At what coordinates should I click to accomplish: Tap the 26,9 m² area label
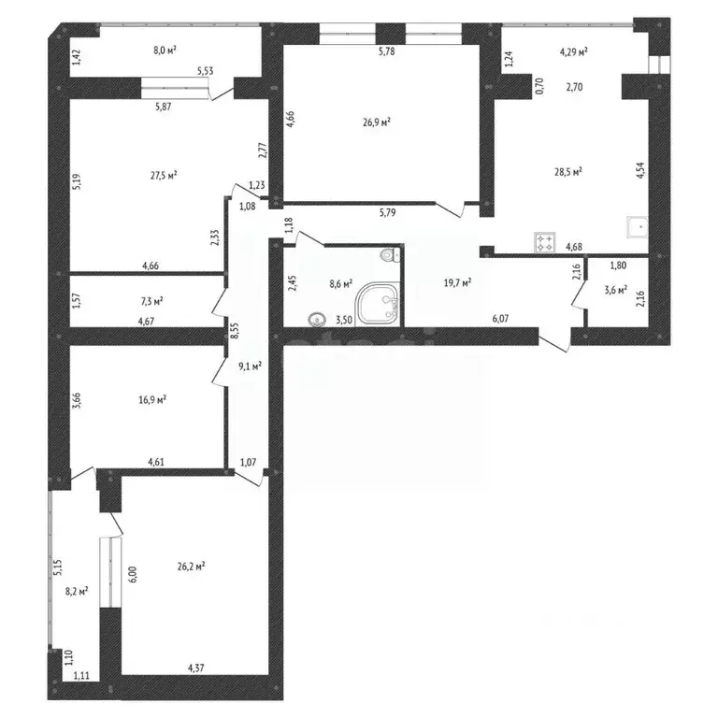(x=377, y=121)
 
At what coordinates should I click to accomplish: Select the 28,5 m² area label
(x=568, y=171)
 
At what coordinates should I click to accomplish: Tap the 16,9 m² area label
(x=151, y=399)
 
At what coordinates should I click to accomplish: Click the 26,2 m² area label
(x=190, y=565)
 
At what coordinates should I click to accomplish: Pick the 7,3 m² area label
(x=151, y=301)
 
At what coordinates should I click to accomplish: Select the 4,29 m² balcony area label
(x=573, y=51)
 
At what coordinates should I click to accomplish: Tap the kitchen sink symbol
(x=638, y=224)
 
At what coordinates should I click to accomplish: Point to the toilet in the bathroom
(x=388, y=255)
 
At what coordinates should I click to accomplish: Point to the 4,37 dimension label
(x=196, y=668)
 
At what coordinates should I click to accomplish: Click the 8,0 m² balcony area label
(x=166, y=51)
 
